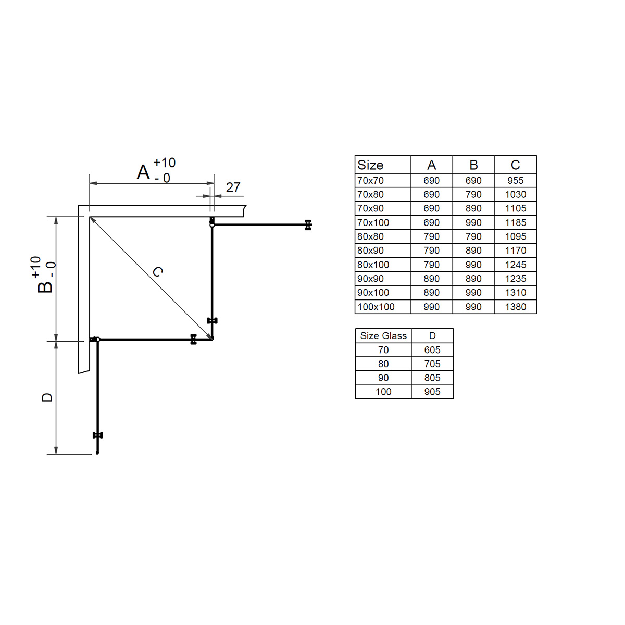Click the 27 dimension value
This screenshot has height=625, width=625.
pyautogui.click(x=233, y=187)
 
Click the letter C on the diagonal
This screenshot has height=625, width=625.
pyautogui.click(x=158, y=271)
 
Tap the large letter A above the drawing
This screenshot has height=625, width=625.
pyautogui.click(x=143, y=172)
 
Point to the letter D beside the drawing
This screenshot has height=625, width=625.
pyautogui.click(x=47, y=397)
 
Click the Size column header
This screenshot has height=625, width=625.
pyautogui.click(x=370, y=165)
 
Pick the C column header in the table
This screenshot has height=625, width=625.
pyautogui.click(x=516, y=165)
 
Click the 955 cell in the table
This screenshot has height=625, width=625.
pyautogui.click(x=516, y=180)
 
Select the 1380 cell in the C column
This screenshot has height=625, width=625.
pyautogui.click(x=516, y=306)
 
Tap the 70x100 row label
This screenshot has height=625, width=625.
pyautogui.click(x=373, y=222)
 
